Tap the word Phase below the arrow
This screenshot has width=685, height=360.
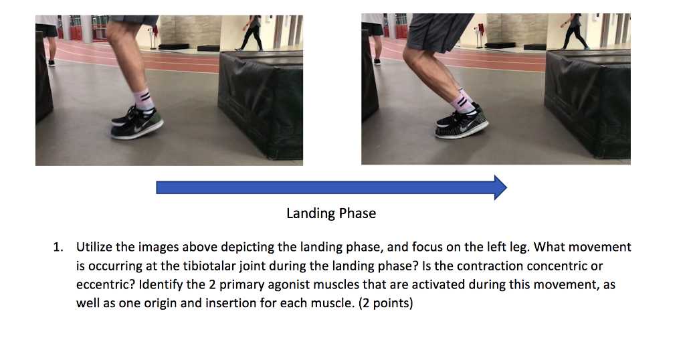coord(357,213)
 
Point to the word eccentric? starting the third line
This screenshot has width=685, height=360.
coord(104,284)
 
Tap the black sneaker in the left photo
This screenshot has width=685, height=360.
coord(138,123)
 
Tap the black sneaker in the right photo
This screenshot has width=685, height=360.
coord(462,123)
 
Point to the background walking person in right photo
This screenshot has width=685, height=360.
coord(575,30)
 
